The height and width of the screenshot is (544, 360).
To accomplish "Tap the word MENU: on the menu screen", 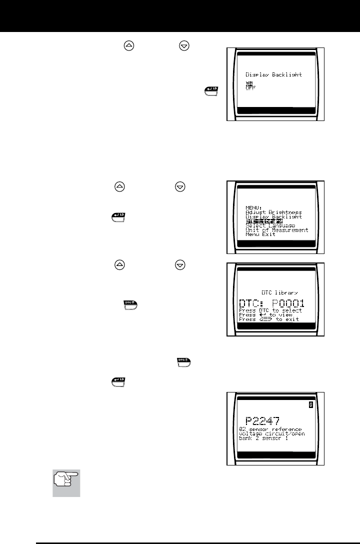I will [x=255, y=207].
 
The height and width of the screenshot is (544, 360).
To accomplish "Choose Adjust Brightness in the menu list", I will [x=273, y=211].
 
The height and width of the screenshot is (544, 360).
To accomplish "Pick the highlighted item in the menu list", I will [x=264, y=220].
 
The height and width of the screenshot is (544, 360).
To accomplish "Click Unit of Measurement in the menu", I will [x=276, y=230].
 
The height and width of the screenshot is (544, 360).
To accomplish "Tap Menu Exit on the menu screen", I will [x=260, y=234].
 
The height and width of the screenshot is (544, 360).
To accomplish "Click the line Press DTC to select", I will [x=273, y=310].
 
